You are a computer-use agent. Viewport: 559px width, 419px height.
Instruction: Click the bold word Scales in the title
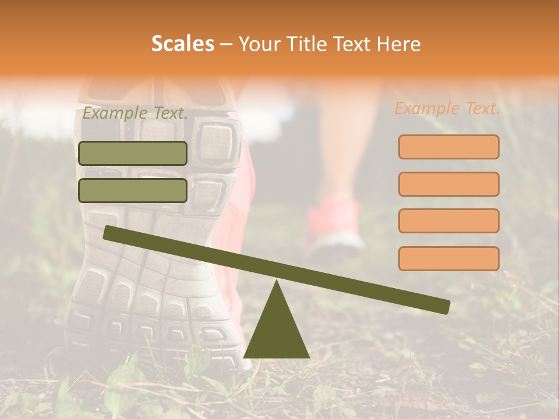click(x=182, y=44)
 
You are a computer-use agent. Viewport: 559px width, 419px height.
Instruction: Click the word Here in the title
click(x=398, y=44)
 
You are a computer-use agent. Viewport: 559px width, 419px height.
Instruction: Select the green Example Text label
click(x=135, y=113)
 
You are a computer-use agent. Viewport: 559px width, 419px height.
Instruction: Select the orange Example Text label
click(x=447, y=108)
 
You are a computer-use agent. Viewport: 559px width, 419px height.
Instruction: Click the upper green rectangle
click(x=133, y=153)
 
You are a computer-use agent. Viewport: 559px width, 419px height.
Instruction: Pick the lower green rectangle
click(x=133, y=190)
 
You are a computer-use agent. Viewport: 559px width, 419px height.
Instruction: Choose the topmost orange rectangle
click(x=448, y=147)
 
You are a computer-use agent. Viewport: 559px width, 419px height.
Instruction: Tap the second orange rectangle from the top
click(x=448, y=184)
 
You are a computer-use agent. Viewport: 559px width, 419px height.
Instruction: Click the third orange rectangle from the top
click(x=448, y=221)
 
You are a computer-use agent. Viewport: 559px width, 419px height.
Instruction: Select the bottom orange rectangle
click(x=448, y=258)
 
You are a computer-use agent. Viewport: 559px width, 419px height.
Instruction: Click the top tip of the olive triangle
click(x=277, y=282)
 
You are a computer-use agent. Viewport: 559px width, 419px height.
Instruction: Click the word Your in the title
click(x=258, y=44)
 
